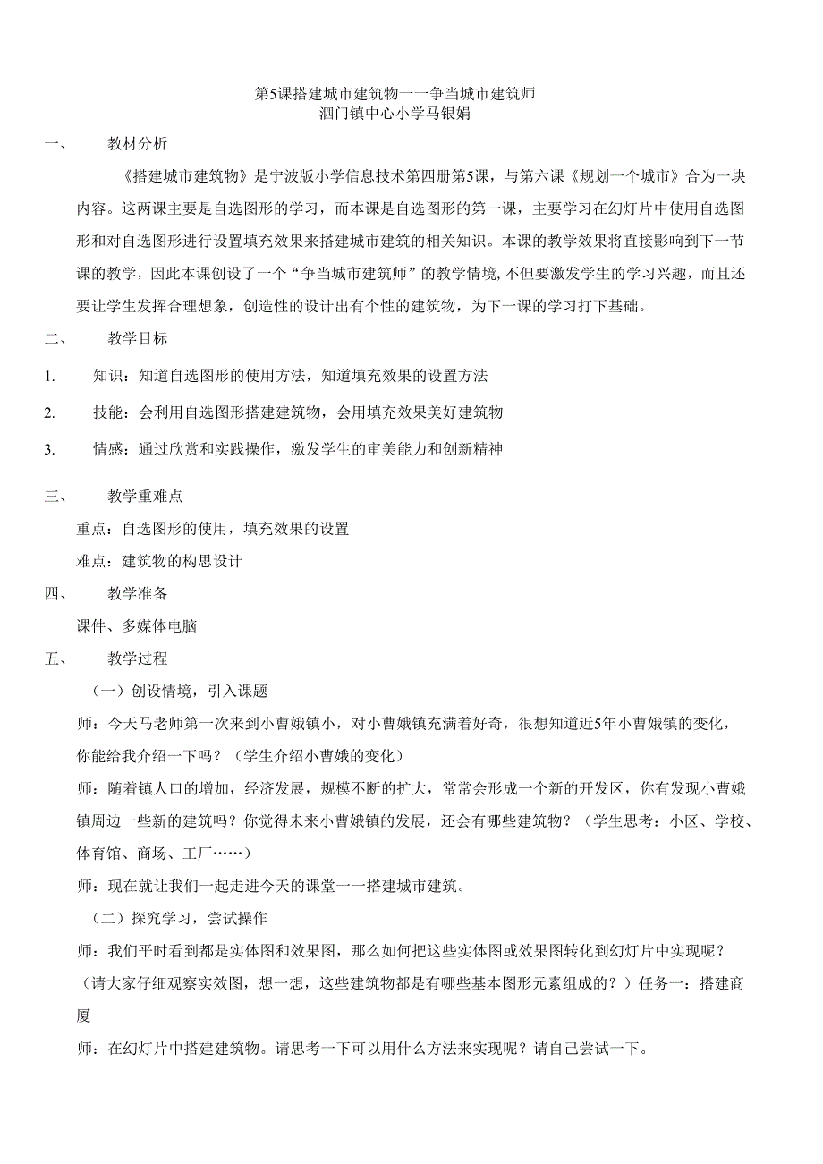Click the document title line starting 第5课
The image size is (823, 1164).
pos(395,94)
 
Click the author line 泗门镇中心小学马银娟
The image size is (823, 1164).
pos(395,114)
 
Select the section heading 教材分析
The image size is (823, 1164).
pos(137,143)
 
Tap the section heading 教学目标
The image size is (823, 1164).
pos(137,339)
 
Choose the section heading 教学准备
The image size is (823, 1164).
pos(137,593)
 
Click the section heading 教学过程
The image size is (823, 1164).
pos(137,658)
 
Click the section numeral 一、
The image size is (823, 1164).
pos(55,143)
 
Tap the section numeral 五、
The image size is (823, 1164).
pos(55,658)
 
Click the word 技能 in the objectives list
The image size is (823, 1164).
pos(108,412)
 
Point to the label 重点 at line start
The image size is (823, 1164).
pos(92,529)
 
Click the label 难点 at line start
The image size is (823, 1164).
pos(92,562)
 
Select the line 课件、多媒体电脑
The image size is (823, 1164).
pos(136,626)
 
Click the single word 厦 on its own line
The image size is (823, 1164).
pos(84,1017)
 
